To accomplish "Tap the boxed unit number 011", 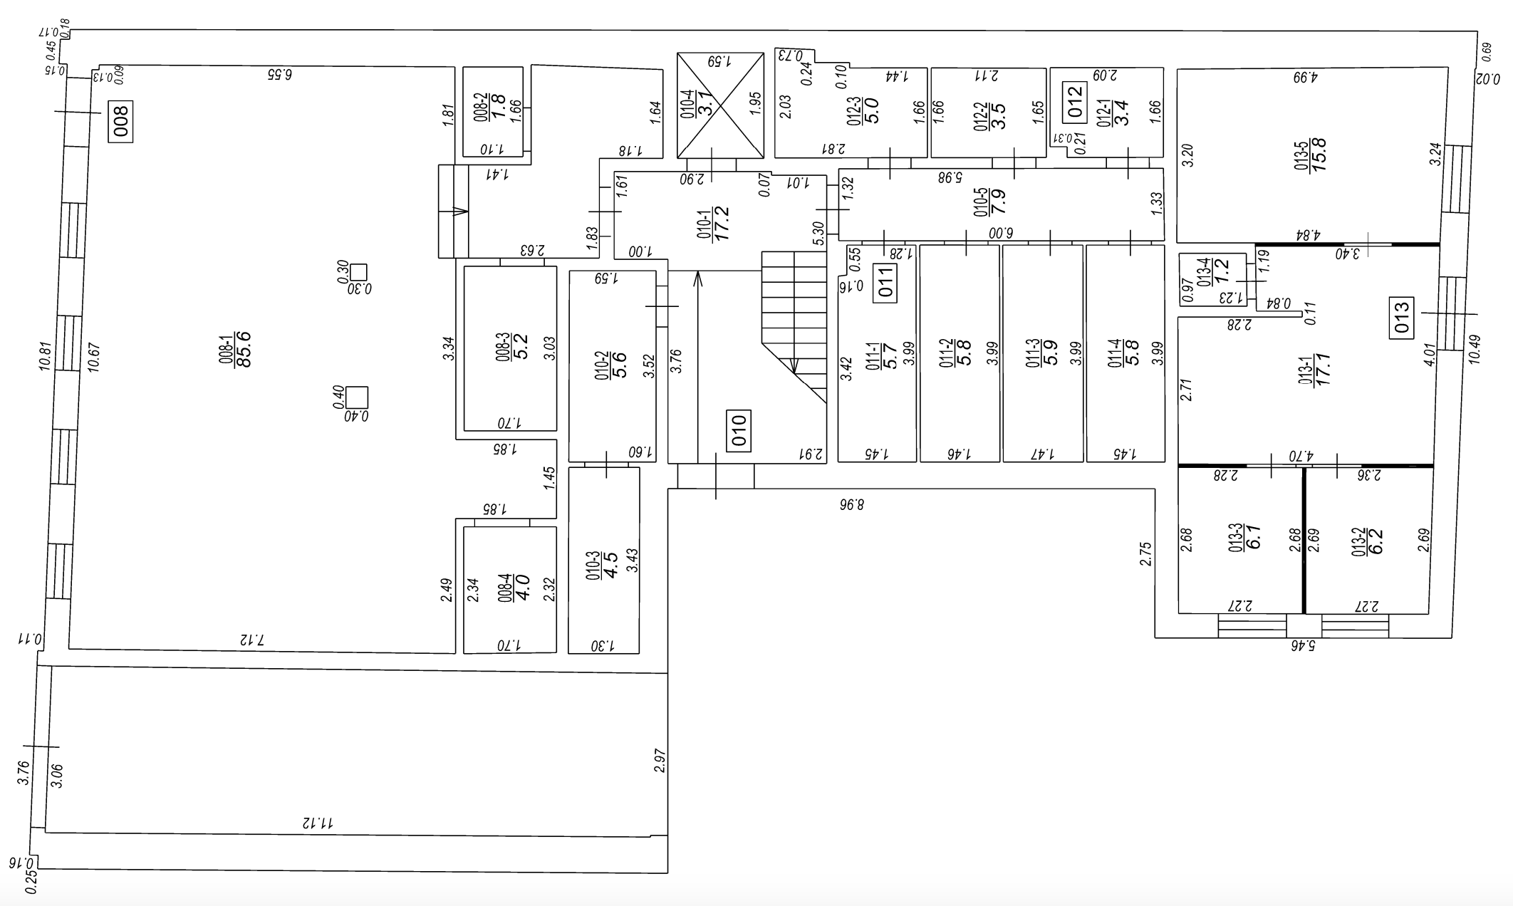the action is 885,284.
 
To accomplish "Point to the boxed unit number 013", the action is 1402,318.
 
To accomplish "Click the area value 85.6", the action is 244,349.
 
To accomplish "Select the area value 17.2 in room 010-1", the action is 721,224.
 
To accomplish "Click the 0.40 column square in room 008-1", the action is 357,397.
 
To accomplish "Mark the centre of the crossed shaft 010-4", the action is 719,105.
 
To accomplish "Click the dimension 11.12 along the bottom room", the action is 318,823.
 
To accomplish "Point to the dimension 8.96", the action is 851,505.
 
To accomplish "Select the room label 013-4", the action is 1203,272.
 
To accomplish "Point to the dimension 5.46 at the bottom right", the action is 1301,646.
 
